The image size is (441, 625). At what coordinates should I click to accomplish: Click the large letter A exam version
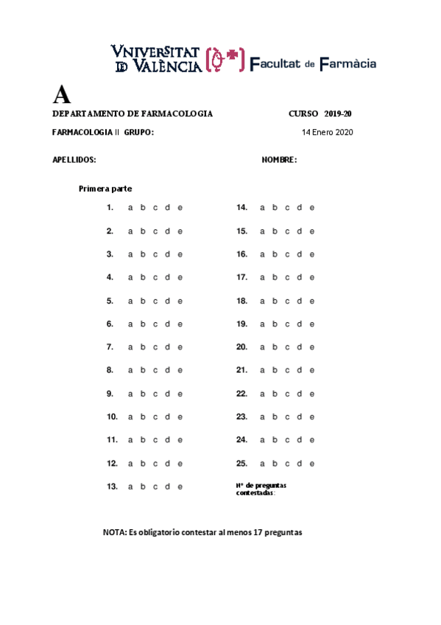click(x=62, y=95)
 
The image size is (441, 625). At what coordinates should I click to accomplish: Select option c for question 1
click(x=155, y=208)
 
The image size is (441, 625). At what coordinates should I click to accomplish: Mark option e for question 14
click(x=312, y=208)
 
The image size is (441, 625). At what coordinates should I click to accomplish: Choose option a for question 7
click(x=130, y=347)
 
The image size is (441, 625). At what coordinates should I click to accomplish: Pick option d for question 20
click(x=300, y=347)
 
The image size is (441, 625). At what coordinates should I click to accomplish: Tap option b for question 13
click(x=143, y=486)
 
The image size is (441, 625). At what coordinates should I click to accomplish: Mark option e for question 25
click(x=312, y=464)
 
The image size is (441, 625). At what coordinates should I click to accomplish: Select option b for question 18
click(x=275, y=301)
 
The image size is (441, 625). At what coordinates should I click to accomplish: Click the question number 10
click(x=112, y=417)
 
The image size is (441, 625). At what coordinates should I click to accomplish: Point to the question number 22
click(x=241, y=394)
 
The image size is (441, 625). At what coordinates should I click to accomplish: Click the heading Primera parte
click(x=105, y=189)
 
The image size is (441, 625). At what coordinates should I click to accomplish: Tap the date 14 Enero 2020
click(x=328, y=133)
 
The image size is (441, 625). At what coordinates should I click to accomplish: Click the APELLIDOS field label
click(x=74, y=160)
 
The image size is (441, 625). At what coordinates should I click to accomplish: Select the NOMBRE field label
click(x=279, y=160)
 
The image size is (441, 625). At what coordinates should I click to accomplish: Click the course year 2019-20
click(x=338, y=114)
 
